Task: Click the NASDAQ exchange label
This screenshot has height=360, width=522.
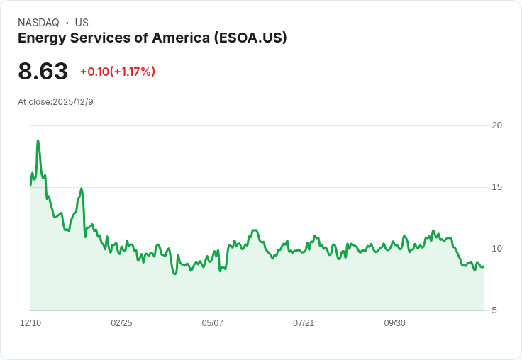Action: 38,23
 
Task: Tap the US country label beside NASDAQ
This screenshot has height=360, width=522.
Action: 82,23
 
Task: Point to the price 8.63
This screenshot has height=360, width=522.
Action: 43,72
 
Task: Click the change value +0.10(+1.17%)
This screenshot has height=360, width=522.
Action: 118,72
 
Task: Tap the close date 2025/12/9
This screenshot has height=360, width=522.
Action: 73,102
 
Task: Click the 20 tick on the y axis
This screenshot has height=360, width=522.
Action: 497,125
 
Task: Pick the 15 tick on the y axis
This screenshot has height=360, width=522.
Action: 497,187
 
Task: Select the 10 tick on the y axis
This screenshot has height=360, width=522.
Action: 497,249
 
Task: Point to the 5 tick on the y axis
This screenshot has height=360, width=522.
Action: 494,310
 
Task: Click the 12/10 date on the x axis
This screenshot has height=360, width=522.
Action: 30,323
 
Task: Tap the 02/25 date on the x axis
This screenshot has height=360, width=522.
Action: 121,323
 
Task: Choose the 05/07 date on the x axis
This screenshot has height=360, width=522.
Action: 212,323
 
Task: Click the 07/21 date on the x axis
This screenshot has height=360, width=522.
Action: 304,323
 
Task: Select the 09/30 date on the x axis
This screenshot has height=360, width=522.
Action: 394,323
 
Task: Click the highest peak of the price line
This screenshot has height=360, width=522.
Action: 38,140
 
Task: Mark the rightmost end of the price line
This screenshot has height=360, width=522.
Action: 484,266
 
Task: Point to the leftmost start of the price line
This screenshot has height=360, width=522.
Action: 30,184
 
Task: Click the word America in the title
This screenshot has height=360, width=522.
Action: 183,38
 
